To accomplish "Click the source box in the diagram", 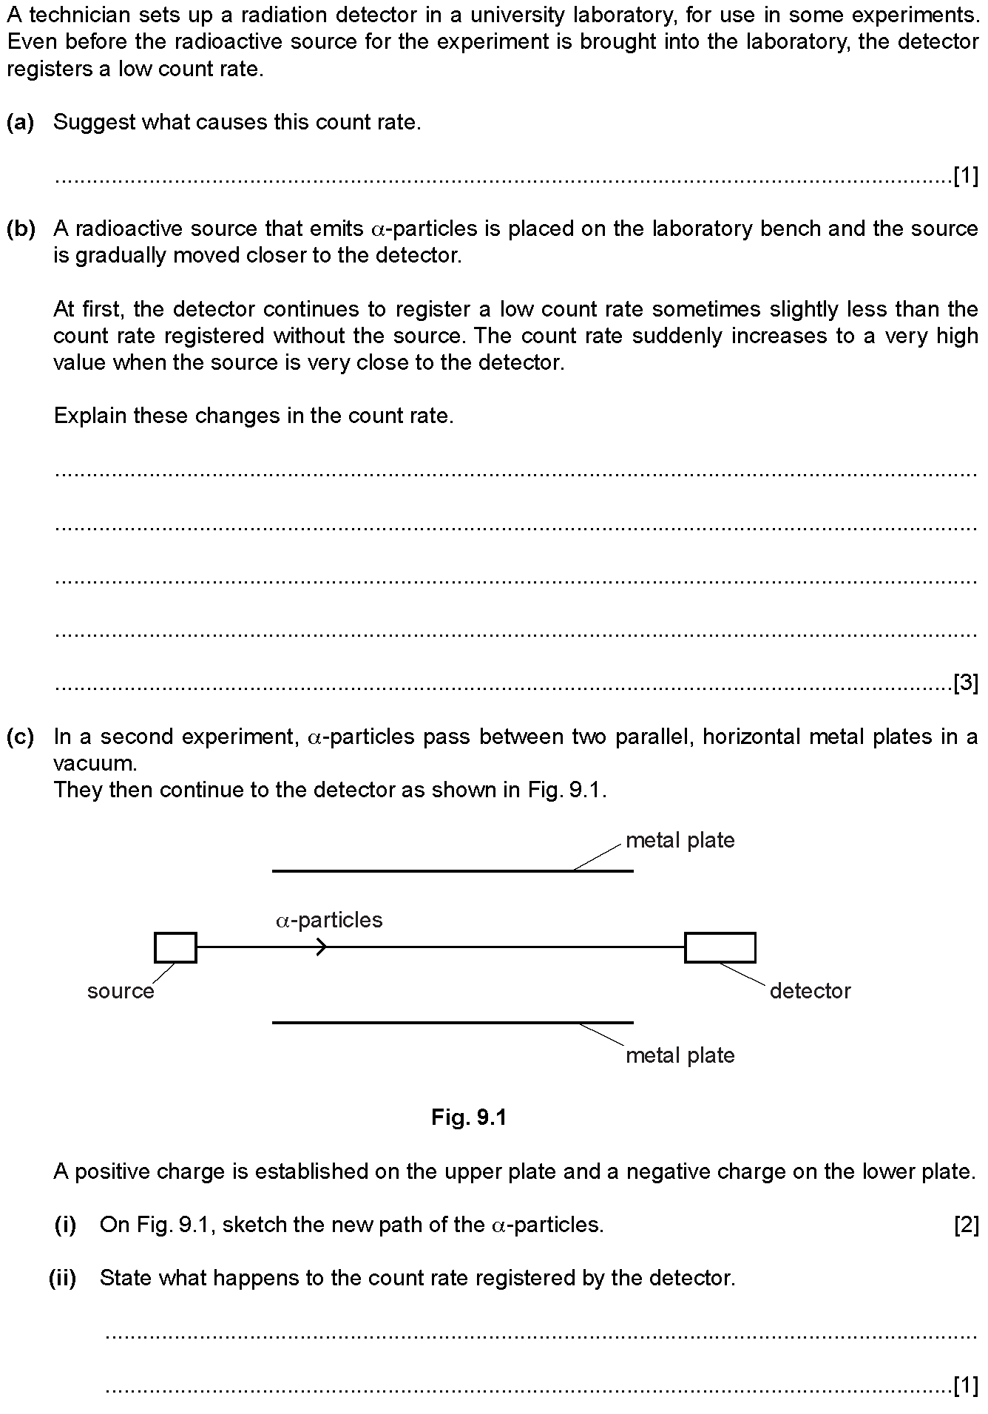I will (x=175, y=947).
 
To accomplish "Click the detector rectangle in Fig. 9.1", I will (x=720, y=947).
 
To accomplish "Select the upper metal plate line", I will (x=453, y=871).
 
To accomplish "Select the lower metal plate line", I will (x=453, y=1023).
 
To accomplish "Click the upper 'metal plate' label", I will (x=680, y=840).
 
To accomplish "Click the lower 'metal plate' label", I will (x=680, y=1055).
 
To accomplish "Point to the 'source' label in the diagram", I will (x=121, y=991).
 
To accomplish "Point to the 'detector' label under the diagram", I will (x=810, y=991).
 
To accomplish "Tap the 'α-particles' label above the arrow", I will (x=329, y=920).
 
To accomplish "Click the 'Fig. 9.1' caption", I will (x=469, y=1117).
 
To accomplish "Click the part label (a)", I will (x=21, y=122).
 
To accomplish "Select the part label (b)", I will (x=21, y=229).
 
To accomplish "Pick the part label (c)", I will (x=21, y=737).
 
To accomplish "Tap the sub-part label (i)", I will (x=65, y=1225).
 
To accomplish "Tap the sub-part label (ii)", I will (x=63, y=1279).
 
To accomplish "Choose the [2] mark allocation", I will (x=966, y=1225).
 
